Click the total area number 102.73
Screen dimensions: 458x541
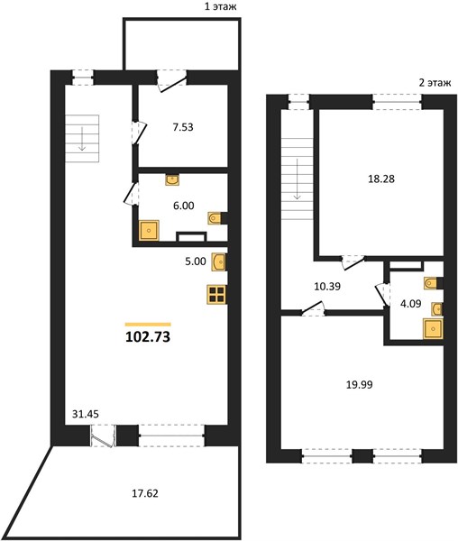pos(148,336)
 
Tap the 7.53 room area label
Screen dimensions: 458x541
pos(183,127)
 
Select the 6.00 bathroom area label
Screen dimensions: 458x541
pos(184,206)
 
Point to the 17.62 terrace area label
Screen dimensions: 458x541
pos(145,493)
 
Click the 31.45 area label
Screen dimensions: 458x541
pos(85,414)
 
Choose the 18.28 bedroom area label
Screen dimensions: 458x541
pos(381,179)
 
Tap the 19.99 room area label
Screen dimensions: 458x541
pos(360,384)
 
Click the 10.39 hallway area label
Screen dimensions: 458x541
pos(327,286)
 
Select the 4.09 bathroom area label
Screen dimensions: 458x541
pos(410,305)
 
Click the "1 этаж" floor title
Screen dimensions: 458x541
pos(221,6)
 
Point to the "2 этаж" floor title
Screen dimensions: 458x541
pos(435,83)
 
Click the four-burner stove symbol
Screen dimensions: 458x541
pos(216,295)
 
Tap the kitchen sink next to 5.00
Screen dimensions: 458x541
pos(219,261)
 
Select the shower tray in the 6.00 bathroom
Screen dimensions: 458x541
pos(149,230)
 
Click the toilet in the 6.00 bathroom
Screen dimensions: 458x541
pos(215,218)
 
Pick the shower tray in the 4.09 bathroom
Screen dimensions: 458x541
pos(433,329)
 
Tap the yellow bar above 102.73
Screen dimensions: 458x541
pos(148,325)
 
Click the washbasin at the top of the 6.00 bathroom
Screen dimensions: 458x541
pos(171,180)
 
